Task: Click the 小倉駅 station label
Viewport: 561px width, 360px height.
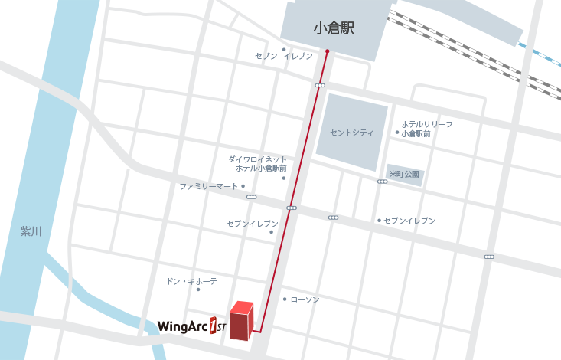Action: tap(334, 28)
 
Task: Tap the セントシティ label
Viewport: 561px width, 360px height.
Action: tap(351, 133)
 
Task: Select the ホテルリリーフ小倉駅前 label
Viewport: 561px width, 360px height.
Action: tap(427, 129)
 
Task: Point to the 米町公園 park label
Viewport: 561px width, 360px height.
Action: tap(404, 174)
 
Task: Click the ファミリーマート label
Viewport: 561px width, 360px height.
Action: tap(209, 186)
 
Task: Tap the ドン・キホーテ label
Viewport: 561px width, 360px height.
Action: tap(191, 281)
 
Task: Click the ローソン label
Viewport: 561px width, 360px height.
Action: tap(305, 299)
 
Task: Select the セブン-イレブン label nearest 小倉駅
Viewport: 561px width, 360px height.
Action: tap(283, 57)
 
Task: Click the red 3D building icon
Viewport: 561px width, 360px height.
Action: tap(241, 321)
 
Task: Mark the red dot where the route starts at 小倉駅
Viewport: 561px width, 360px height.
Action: tap(327, 51)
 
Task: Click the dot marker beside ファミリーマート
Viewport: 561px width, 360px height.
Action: tap(243, 186)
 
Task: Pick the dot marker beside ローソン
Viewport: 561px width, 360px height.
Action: tap(285, 299)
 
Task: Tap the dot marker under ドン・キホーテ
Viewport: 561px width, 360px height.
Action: tap(197, 290)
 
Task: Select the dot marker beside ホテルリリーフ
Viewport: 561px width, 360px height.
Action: tap(396, 132)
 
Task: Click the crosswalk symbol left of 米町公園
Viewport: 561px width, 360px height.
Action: tap(382, 182)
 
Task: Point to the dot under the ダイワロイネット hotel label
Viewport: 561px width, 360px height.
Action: tap(283, 178)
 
